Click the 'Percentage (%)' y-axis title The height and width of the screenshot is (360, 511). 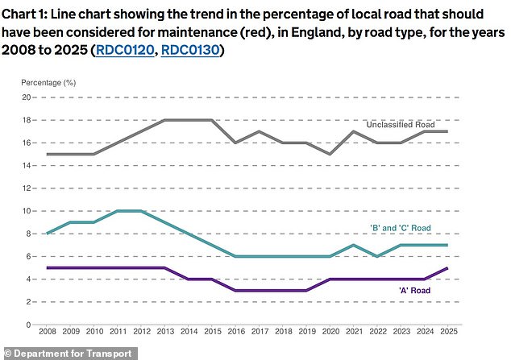pos(48,83)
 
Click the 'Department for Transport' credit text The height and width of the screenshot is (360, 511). pos(51,352)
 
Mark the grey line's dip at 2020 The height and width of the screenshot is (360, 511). pos(329,154)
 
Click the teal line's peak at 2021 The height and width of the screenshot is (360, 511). pos(352,245)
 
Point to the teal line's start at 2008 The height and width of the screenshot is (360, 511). pos(48,234)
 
